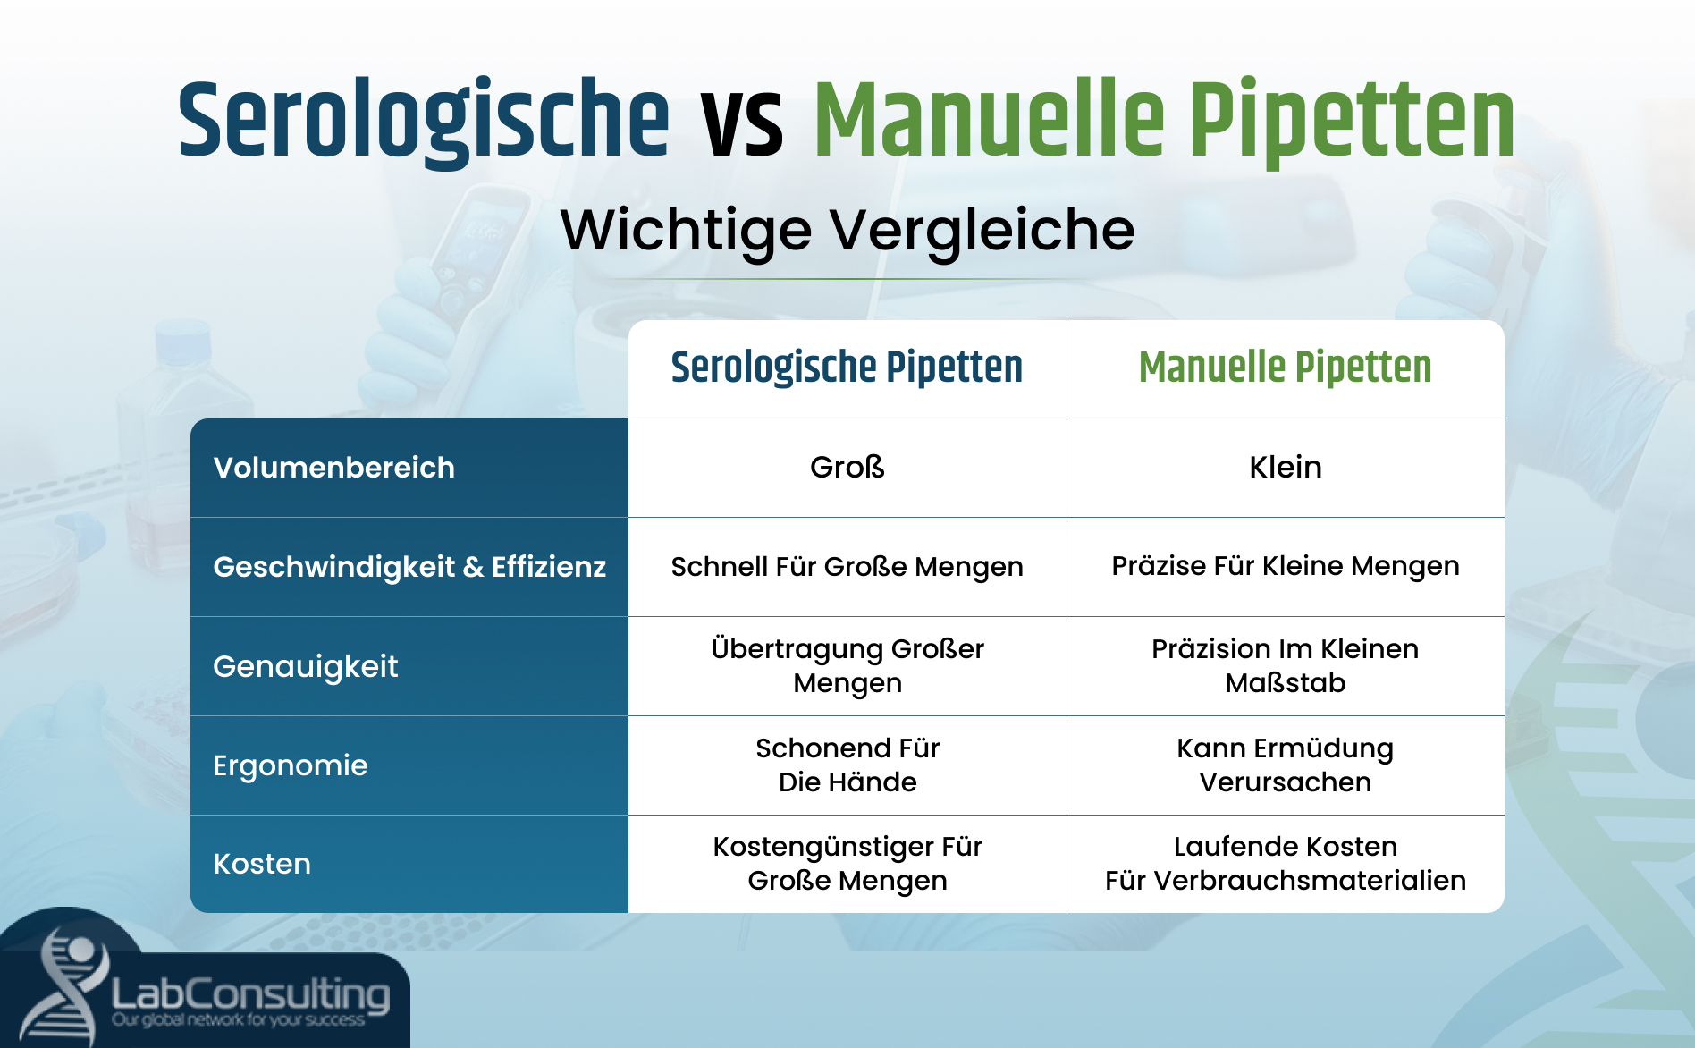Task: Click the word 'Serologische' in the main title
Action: pyautogui.click(x=423, y=121)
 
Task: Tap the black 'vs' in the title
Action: pyautogui.click(x=742, y=125)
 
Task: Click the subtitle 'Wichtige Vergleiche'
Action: pyautogui.click(x=847, y=230)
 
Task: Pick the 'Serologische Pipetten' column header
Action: pyautogui.click(x=847, y=368)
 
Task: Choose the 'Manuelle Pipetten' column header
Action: pyautogui.click(x=1285, y=368)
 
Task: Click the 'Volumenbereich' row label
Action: pyautogui.click(x=333, y=468)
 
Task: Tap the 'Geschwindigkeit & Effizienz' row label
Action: pyautogui.click(x=409, y=567)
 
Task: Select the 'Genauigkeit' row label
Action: pyautogui.click(x=305, y=666)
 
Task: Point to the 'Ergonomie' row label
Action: pyautogui.click(x=290, y=765)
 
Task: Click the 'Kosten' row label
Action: pyautogui.click(x=262, y=864)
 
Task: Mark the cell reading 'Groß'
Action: pyautogui.click(x=847, y=467)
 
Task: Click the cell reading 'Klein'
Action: pyautogui.click(x=1285, y=467)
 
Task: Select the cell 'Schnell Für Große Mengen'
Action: pyautogui.click(x=847, y=567)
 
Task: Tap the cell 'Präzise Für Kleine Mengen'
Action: pyautogui.click(x=1285, y=566)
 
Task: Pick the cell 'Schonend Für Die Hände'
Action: pyautogui.click(x=847, y=765)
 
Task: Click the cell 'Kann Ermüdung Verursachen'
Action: pyautogui.click(x=1285, y=765)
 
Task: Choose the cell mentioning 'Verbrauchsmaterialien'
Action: pyautogui.click(x=1285, y=864)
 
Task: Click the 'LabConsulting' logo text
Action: pyautogui.click(x=250, y=994)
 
